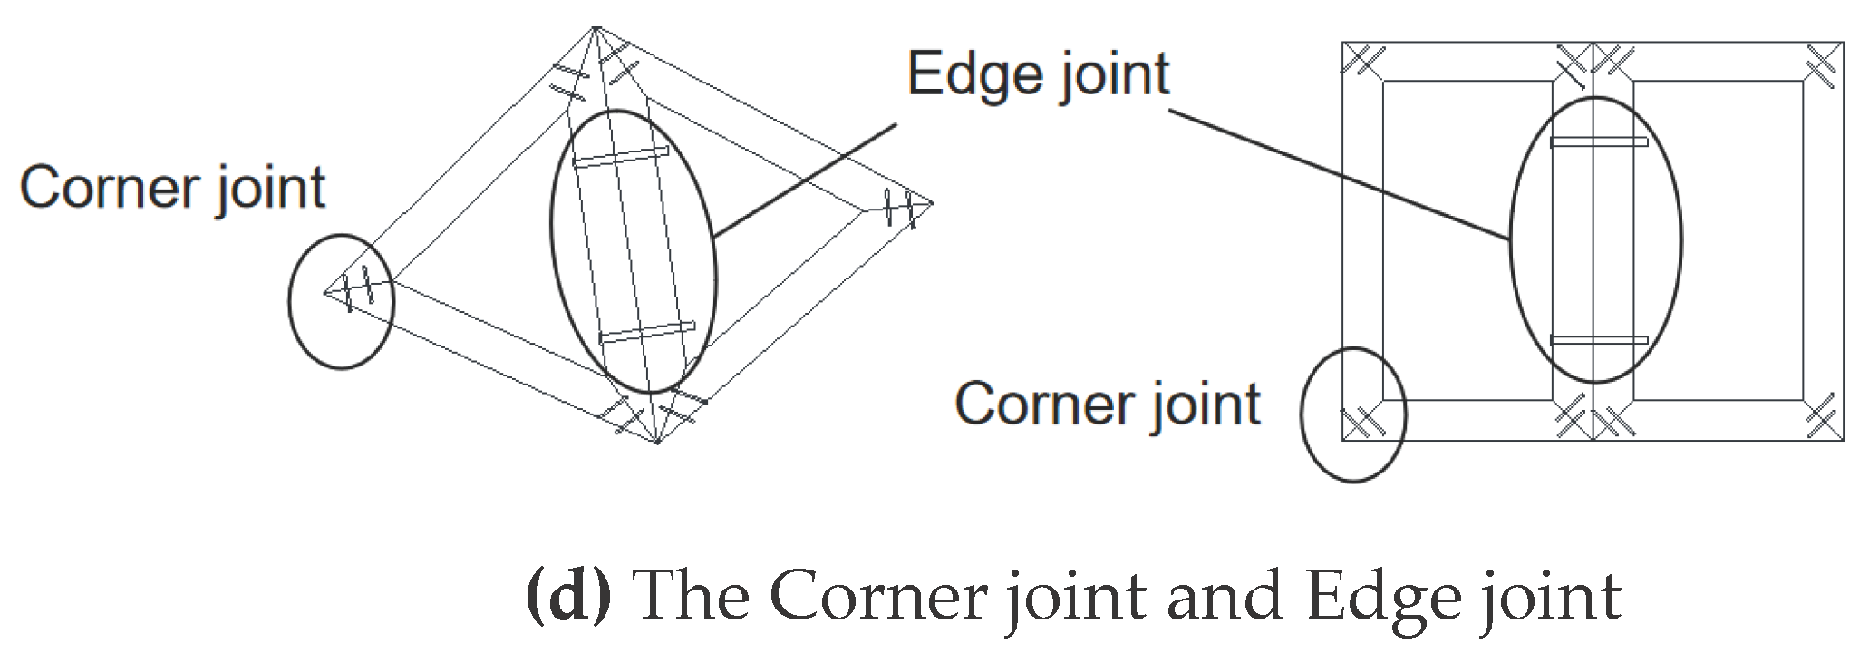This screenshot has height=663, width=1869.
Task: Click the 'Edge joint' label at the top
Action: (1038, 74)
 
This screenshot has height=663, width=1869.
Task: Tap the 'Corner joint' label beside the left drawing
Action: (172, 189)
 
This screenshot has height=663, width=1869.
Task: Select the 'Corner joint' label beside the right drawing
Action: (1107, 404)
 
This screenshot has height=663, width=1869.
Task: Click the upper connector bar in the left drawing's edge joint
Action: (622, 156)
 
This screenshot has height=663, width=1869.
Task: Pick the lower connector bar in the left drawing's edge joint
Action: (647, 332)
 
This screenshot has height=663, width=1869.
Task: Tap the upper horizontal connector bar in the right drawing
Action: (1598, 142)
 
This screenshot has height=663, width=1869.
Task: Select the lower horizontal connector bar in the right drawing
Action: (1598, 341)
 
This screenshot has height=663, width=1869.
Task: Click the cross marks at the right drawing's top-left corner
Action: (1362, 62)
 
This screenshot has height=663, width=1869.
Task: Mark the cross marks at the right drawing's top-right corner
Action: (1823, 62)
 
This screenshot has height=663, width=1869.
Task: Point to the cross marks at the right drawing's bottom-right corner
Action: (1823, 420)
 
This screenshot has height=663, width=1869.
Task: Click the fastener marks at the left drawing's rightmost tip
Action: (903, 209)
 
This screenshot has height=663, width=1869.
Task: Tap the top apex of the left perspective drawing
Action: (596, 29)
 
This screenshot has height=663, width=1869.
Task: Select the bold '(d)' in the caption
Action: (568, 596)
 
